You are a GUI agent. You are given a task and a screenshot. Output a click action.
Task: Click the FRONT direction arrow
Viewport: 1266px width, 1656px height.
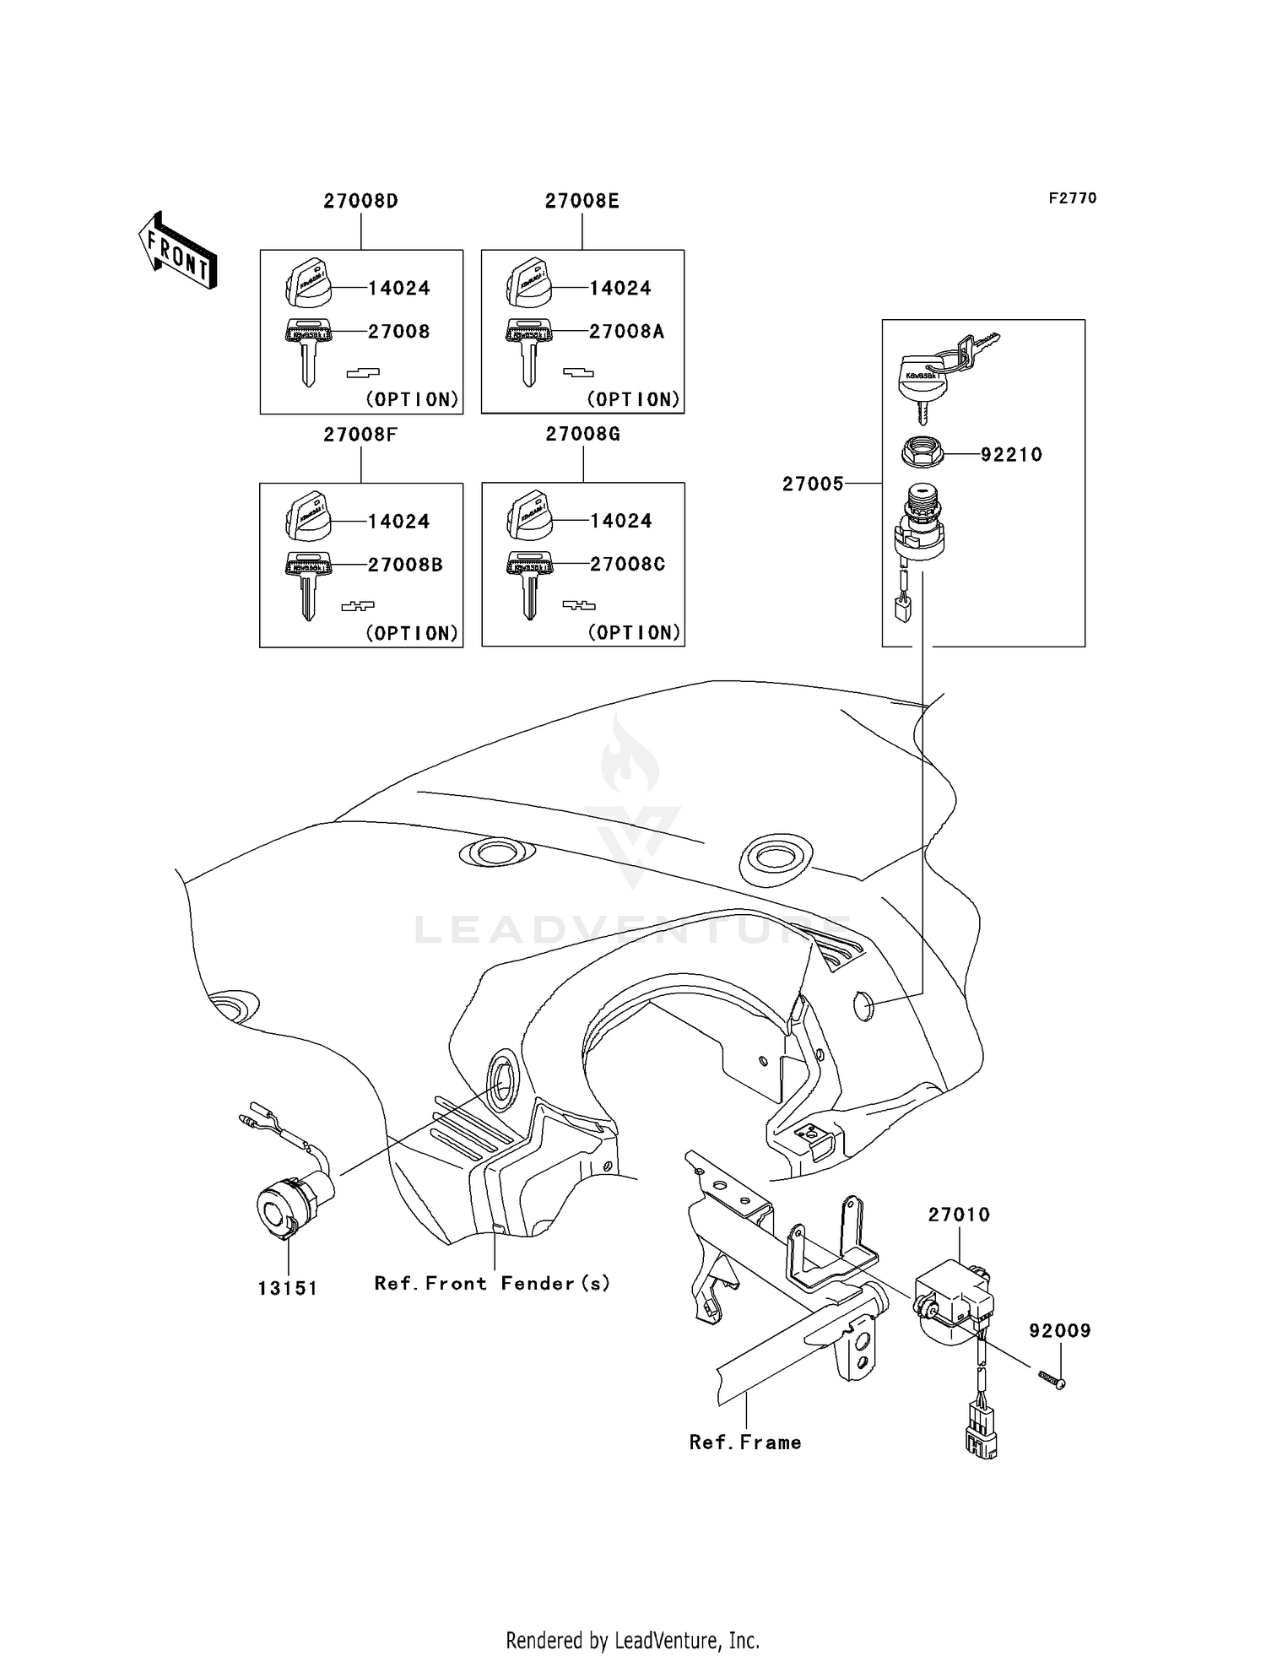pos(178,252)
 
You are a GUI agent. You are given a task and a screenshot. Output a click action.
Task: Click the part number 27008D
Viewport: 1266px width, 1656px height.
pos(360,201)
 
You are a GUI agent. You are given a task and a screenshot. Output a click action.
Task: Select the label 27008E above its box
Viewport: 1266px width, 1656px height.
pos(582,201)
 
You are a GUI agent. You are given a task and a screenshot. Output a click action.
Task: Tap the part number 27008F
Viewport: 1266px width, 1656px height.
pos(360,435)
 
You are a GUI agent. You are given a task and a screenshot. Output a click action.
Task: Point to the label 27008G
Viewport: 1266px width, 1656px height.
pos(582,434)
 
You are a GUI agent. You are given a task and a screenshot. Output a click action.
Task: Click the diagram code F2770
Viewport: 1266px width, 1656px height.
pos(1072,198)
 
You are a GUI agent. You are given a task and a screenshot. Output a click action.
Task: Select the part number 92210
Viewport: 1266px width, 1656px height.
pos(1011,455)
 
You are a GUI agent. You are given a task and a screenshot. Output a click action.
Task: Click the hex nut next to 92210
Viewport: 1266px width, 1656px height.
pos(922,452)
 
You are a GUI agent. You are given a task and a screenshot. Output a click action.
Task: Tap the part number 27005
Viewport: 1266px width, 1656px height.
pos(813,484)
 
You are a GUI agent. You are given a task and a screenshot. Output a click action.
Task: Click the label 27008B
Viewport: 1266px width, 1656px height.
pos(405,565)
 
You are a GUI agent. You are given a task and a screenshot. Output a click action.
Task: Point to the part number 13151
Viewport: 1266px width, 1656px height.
pos(288,1288)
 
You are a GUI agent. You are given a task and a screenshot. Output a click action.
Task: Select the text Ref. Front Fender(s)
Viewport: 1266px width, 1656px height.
pos(492,1284)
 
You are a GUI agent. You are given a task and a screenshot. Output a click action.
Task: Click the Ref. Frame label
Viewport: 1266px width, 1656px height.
pos(745,1442)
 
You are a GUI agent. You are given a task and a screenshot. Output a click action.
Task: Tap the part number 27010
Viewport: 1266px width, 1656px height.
pos(959,1215)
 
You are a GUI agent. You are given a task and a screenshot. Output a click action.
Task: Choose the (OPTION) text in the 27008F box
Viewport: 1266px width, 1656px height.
pos(412,633)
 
